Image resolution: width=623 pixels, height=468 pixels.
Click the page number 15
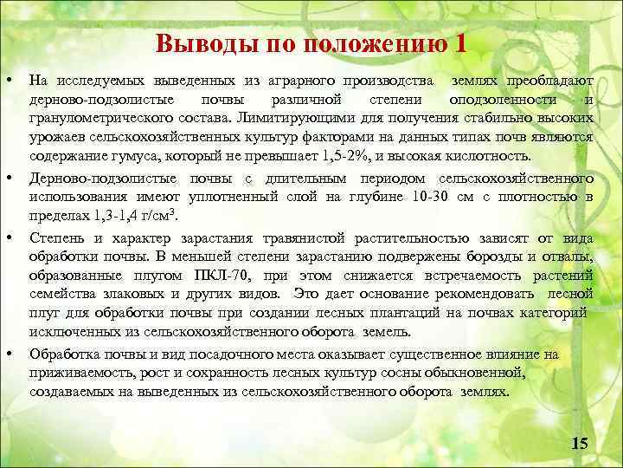pos(580,444)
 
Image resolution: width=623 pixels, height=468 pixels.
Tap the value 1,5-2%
pos(346,156)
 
